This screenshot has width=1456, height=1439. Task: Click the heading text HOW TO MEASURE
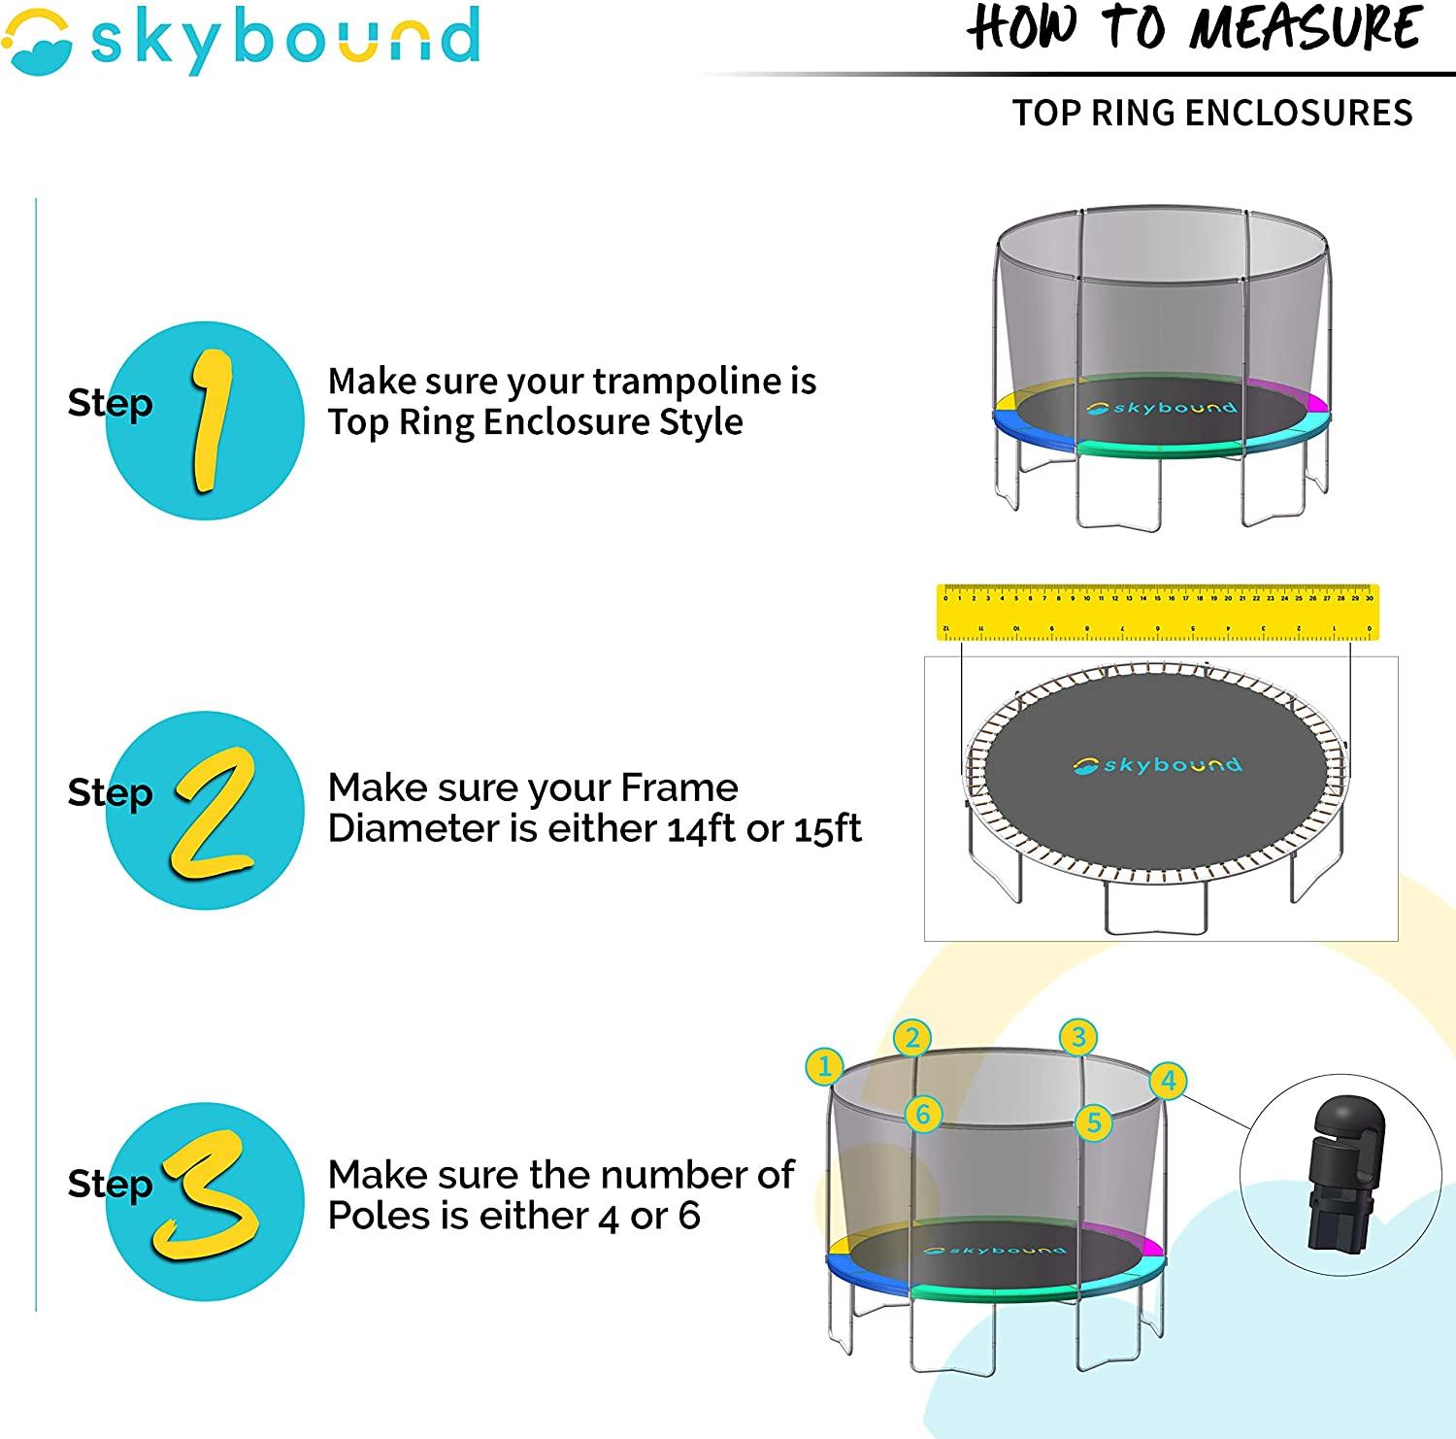point(1196,29)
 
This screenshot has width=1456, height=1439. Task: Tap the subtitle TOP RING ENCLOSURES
point(1212,114)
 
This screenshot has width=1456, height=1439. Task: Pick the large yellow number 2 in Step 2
point(215,811)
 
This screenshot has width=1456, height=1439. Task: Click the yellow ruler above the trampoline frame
point(1158,613)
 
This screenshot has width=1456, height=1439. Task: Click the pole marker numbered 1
point(824,1067)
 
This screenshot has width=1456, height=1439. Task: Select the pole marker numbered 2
point(912,1038)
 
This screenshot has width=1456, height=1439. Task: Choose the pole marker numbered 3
point(1078,1037)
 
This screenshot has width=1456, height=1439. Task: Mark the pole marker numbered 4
point(1169,1081)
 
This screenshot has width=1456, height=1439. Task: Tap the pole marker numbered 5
point(1094,1122)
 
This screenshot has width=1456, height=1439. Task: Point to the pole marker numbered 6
point(923,1114)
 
